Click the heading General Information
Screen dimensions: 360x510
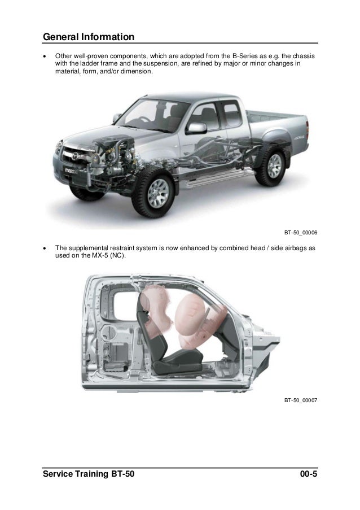click(89, 37)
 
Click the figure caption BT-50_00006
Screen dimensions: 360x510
click(301, 233)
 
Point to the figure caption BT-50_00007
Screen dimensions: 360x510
click(301, 400)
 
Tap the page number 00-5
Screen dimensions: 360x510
click(309, 474)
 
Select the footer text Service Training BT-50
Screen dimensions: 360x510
click(89, 474)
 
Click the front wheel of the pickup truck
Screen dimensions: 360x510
click(158, 193)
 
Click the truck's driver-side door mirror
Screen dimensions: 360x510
click(196, 128)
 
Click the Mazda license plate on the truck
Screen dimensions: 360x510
click(71, 171)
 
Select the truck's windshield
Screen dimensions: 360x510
click(152, 115)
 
